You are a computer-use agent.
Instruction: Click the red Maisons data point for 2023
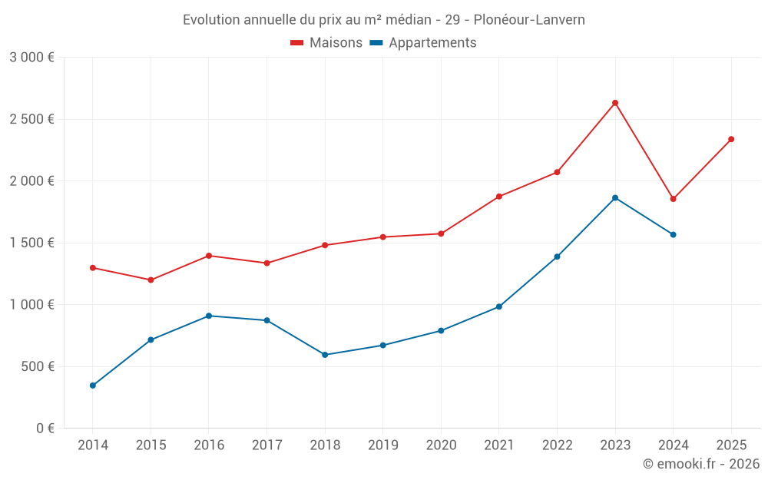pyautogui.click(x=615, y=103)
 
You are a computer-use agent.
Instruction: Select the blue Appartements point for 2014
pyautogui.click(x=93, y=386)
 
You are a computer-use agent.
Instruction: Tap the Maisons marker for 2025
pyautogui.click(x=731, y=139)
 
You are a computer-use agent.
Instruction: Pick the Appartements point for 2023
pyautogui.click(x=615, y=198)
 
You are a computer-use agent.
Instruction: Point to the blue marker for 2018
pyautogui.click(x=325, y=355)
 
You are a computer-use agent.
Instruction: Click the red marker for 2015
pyautogui.click(x=151, y=280)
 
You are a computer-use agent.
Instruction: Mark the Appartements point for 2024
pyautogui.click(x=674, y=234)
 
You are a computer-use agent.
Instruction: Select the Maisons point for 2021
pyautogui.click(x=499, y=197)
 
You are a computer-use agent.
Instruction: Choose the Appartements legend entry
pyautogui.click(x=423, y=43)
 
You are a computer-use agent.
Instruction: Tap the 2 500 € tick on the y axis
pyautogui.click(x=31, y=119)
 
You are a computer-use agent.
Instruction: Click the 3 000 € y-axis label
pyautogui.click(x=31, y=58)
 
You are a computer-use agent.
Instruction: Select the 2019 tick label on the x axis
pyautogui.click(x=383, y=445)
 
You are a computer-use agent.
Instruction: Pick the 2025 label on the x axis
pyautogui.click(x=731, y=445)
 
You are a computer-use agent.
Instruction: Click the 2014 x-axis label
pyautogui.click(x=93, y=445)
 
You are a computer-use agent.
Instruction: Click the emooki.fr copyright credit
pyautogui.click(x=701, y=464)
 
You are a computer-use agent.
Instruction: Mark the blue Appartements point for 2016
pyautogui.click(x=209, y=316)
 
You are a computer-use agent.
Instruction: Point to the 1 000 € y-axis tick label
pyautogui.click(x=31, y=305)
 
